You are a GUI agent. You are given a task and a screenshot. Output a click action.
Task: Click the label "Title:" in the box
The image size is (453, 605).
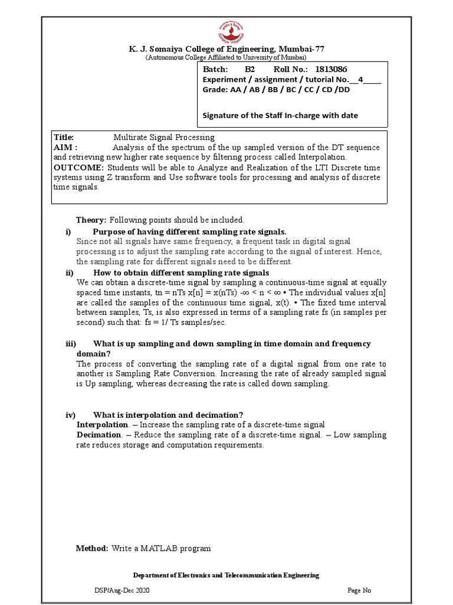tap(64, 137)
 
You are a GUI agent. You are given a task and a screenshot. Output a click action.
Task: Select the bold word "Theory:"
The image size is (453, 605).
tap(91, 220)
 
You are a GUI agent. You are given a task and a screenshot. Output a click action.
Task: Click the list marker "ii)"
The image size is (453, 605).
tap(69, 273)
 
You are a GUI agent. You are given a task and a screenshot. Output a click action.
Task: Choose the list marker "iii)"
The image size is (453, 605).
tap(70, 344)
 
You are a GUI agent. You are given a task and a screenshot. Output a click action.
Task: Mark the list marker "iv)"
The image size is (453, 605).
tap(70, 415)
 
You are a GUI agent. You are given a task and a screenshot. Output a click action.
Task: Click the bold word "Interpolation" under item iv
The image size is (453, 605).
tap(102, 425)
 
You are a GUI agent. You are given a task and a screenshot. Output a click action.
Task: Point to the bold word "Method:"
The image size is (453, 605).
tap(92, 548)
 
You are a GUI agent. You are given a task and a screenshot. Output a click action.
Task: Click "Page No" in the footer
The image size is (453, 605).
tap(360, 590)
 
